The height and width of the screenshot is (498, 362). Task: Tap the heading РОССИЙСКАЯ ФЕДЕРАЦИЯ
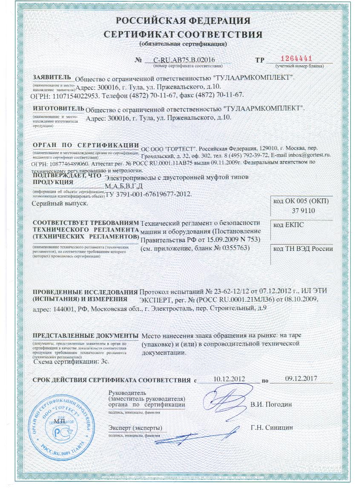pyautogui.click(x=183, y=21)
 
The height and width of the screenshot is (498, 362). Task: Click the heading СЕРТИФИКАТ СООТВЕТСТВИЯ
pyautogui.click(x=183, y=34)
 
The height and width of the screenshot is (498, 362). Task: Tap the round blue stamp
pyautogui.click(x=59, y=426)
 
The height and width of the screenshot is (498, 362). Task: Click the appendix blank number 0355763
pyautogui.click(x=235, y=248)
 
